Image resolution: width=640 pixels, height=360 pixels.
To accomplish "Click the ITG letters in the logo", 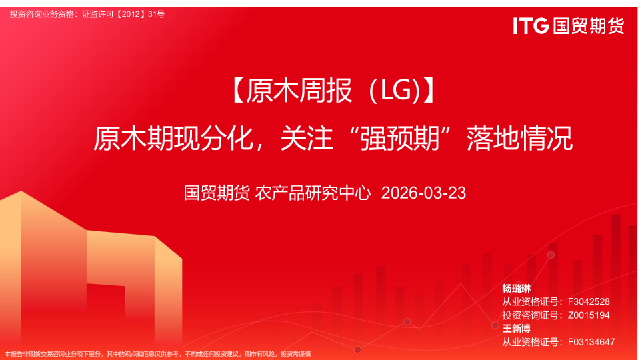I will (x=531, y=26).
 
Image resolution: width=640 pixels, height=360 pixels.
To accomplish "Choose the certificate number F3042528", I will (x=589, y=302).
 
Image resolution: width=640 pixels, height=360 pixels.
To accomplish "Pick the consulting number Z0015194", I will (x=589, y=315).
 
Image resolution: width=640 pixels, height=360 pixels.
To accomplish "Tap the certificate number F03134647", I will (x=591, y=342).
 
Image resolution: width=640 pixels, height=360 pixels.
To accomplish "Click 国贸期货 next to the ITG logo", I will (x=589, y=26).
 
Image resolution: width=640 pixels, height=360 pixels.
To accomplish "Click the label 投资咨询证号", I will (x=532, y=315).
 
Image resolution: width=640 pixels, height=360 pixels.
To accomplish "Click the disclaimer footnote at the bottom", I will (x=158, y=354).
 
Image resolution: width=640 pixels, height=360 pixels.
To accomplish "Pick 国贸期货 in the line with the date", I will (x=217, y=193).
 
